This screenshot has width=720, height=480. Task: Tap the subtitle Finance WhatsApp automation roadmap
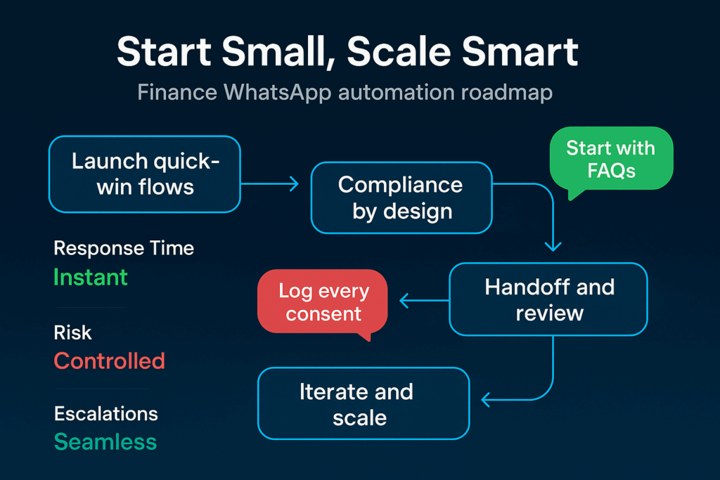345,93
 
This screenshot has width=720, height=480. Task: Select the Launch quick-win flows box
145,174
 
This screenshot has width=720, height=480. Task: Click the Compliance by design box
401,197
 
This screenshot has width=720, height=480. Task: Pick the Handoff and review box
548,299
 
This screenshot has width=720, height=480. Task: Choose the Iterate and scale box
363,403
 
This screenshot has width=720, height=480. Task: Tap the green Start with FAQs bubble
610,160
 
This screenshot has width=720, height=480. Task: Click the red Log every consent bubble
323,301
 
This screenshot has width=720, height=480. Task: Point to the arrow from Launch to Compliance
270,184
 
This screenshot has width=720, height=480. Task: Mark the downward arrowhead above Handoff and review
553,246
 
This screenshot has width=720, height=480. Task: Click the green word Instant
91,277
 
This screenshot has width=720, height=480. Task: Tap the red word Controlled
109,361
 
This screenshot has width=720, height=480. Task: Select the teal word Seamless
105,442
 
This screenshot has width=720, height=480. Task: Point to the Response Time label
124,248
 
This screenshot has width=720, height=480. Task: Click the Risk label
73,332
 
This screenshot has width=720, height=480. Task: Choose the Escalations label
105,413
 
